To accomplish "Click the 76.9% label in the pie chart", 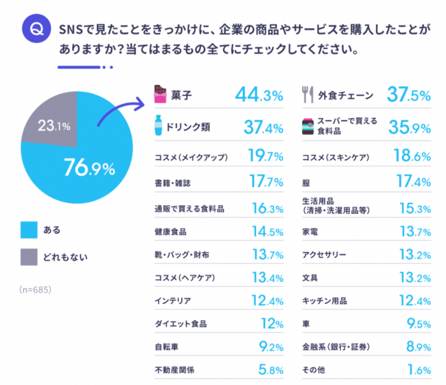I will (89, 168).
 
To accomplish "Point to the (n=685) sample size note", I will (36, 289).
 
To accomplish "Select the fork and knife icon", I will (308, 96).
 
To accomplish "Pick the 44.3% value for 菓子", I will (258, 96).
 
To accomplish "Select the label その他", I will (314, 368).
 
